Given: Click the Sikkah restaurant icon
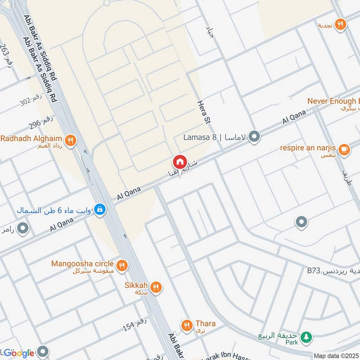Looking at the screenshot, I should point(156,287).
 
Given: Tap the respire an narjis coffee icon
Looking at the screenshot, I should point(344,149).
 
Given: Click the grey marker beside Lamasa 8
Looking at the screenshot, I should point(255,136).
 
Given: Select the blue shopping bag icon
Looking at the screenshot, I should point(100,209).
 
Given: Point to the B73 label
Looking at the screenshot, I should point(314,270).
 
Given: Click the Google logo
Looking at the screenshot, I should point(19,353).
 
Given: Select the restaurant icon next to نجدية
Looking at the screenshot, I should point(341,24).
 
